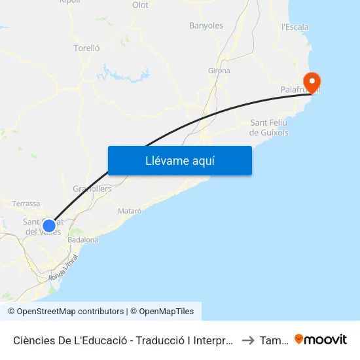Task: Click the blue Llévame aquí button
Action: pos(179,160)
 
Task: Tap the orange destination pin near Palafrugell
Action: pos(312,83)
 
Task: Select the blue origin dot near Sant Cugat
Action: pos(49,226)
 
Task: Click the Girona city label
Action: pos(219,71)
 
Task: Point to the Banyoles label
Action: pos(206,26)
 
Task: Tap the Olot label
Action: pos(140,5)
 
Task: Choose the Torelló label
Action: pos(86,48)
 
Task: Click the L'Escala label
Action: pos(295,27)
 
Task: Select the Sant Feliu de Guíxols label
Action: pos(270,128)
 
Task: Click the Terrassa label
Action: pos(26,204)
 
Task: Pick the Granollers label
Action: pos(92,189)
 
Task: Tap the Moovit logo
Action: pos(321,339)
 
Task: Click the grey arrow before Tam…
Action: pos(248,340)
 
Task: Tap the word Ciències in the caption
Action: pos(33,340)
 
